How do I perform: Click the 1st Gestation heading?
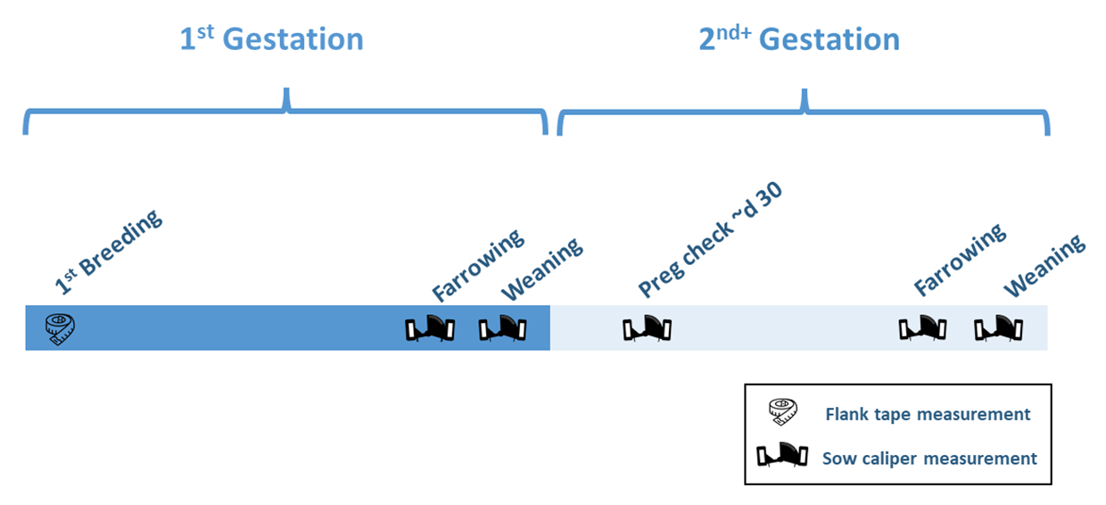272,40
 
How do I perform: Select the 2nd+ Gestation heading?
799,40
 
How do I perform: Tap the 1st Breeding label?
109,252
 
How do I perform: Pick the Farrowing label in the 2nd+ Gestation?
960,260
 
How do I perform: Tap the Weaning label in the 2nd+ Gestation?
1044,265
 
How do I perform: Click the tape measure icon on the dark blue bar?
61,329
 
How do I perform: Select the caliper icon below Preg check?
647,329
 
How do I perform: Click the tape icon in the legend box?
782,413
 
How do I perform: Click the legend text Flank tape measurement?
928,414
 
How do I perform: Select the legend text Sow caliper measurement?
929,459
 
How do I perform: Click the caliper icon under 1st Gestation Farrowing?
430,329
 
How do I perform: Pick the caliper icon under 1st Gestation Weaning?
503,329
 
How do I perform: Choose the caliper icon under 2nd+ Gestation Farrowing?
922,329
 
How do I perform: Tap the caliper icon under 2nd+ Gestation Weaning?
998,329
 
